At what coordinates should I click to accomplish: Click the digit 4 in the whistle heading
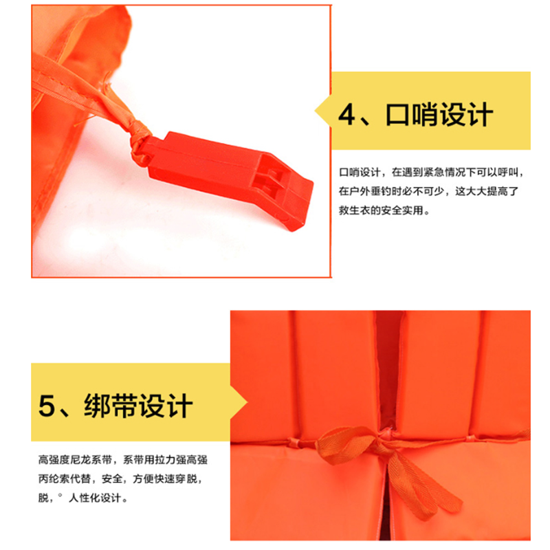pyautogui.click(x=347, y=114)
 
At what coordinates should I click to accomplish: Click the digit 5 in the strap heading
pyautogui.click(x=47, y=406)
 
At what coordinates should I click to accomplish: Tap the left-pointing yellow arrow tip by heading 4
pyautogui.click(x=316, y=111)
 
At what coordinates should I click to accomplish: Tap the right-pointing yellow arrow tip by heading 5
pyautogui.click(x=247, y=403)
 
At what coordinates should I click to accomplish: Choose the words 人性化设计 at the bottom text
pyautogui.click(x=95, y=498)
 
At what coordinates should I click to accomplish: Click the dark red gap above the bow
pyautogui.click(x=388, y=368)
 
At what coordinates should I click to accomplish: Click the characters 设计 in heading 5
pyautogui.click(x=166, y=406)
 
